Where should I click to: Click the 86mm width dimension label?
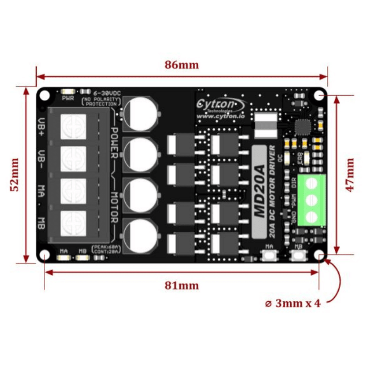coord(181,65)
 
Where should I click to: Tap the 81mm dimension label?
coord(181,285)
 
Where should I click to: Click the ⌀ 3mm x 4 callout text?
coord(292,303)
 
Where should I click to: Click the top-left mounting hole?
coord(45,95)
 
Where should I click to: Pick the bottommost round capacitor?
coord(141,234)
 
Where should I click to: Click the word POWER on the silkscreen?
coord(114,142)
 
